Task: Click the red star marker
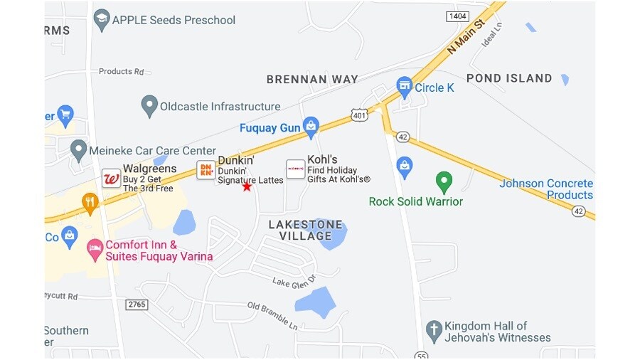(x=247, y=186)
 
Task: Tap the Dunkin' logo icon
(x=206, y=169)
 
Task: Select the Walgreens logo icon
(x=111, y=178)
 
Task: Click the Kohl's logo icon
(x=295, y=169)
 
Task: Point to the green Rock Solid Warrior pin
(x=444, y=181)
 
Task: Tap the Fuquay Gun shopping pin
(x=311, y=127)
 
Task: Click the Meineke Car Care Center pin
(x=79, y=149)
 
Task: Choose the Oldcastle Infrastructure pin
(x=149, y=106)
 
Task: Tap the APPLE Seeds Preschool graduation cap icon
(x=102, y=19)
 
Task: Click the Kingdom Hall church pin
(x=434, y=330)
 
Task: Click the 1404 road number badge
(x=457, y=16)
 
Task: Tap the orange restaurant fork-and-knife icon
(x=90, y=203)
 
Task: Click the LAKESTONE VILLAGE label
(x=305, y=230)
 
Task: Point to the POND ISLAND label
(x=509, y=78)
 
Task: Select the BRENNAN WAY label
(x=312, y=79)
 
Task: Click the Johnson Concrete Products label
(x=546, y=189)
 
